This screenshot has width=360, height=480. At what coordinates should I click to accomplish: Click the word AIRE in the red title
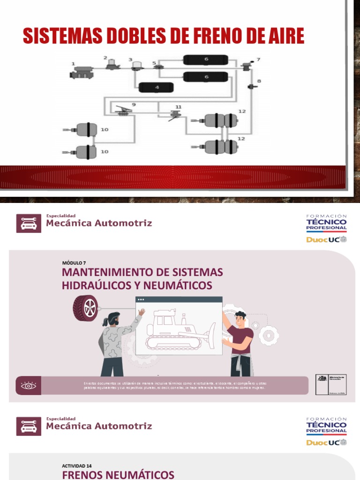click(281, 36)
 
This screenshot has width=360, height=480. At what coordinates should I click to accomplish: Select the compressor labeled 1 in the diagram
click(81, 72)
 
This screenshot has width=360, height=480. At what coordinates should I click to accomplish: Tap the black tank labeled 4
click(156, 87)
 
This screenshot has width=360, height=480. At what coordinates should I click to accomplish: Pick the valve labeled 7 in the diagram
click(247, 67)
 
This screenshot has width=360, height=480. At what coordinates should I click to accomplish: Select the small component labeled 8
click(251, 87)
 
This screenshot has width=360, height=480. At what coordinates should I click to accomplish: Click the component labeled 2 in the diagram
click(112, 65)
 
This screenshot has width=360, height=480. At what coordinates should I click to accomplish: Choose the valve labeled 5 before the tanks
click(157, 68)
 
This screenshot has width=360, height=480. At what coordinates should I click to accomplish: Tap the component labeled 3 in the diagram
click(137, 67)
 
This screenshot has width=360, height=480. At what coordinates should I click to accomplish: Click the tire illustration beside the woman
click(85, 308)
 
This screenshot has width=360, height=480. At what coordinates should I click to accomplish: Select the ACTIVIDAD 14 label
click(77, 466)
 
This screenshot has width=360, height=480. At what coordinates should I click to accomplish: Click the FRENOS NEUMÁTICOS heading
click(118, 475)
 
